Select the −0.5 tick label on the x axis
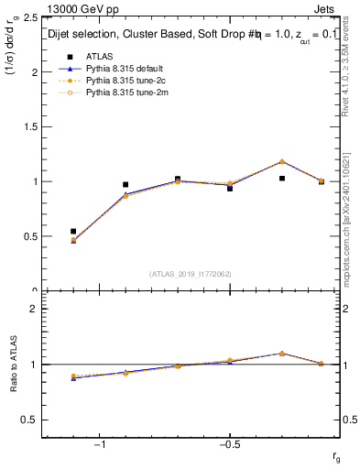(x=228, y=444)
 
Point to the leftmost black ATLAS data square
(x=73, y=232)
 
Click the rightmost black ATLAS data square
(x=322, y=181)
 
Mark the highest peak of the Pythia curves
(x=282, y=161)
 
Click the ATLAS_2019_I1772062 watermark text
(x=191, y=274)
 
